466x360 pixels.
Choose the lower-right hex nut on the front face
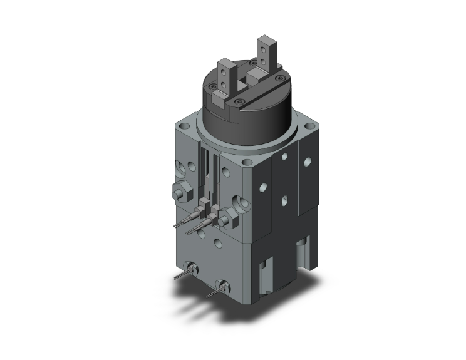coord(227,219)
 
